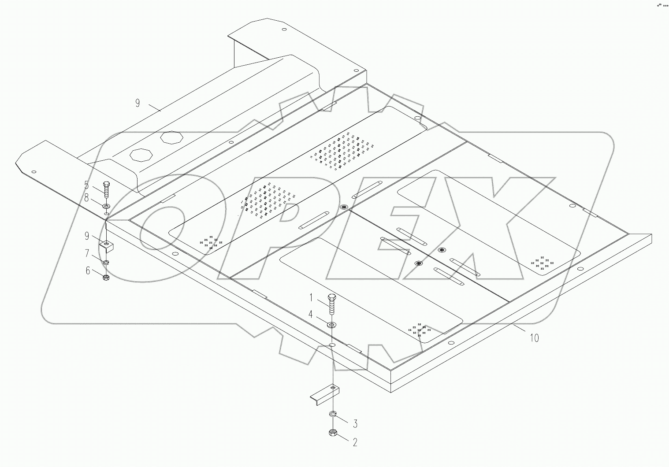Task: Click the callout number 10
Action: point(534,338)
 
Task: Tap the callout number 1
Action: point(311,298)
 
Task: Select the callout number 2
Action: point(355,442)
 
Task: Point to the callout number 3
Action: point(355,423)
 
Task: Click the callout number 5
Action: point(86,185)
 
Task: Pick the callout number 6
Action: point(88,271)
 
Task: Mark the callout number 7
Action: point(87,253)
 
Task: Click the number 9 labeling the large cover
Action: point(138,103)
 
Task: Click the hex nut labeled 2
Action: point(333,434)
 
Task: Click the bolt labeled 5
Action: point(106,189)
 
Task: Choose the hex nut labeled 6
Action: point(106,278)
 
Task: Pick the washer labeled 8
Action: point(106,206)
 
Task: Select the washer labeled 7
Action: point(106,263)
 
